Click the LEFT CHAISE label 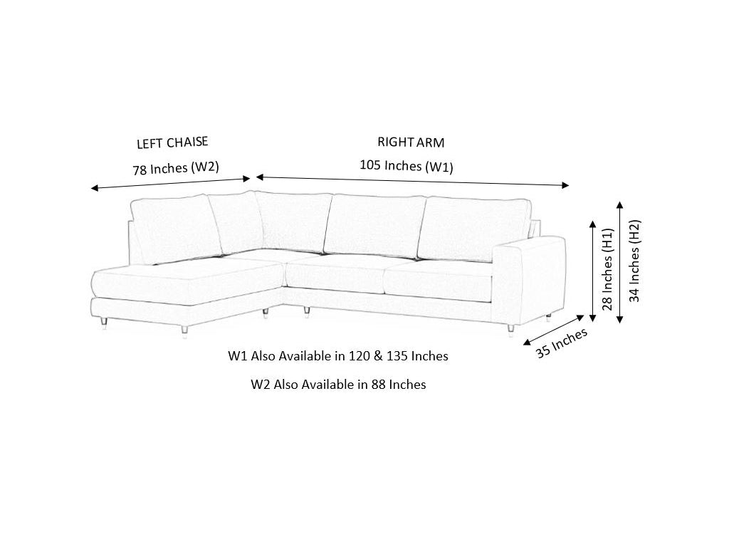pos(172,142)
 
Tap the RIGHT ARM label pos(411,142)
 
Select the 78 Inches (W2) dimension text pos(175,168)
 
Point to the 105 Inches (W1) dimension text pos(406,166)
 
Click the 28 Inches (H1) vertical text pos(607,269)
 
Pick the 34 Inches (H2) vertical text pos(634,260)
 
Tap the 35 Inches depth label pos(562,343)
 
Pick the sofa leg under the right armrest pos(510,329)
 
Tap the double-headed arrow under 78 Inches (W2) pos(171,183)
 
